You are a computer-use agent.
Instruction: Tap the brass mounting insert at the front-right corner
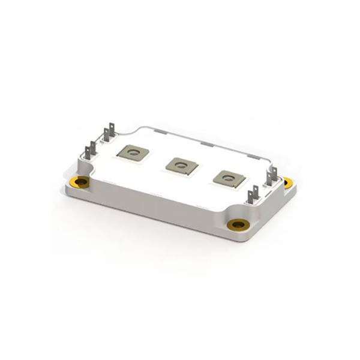[238, 224]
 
